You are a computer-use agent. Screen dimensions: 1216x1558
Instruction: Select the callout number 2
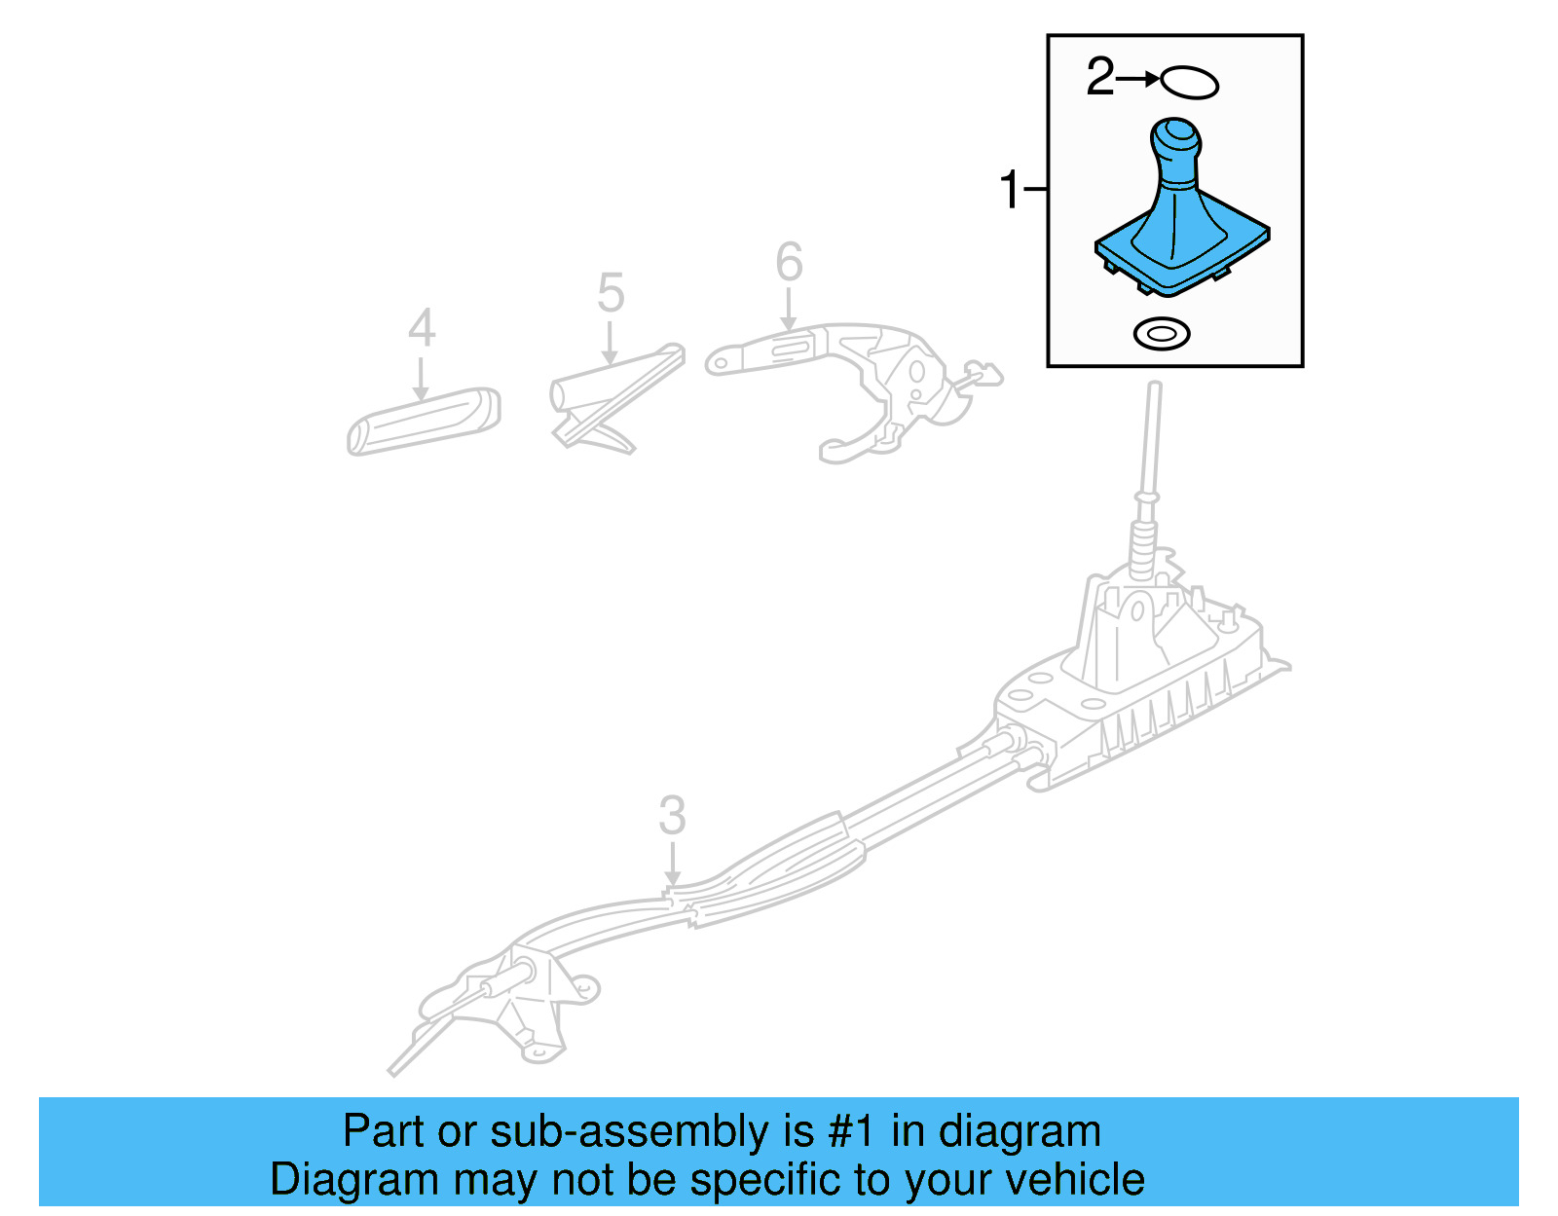click(x=1099, y=77)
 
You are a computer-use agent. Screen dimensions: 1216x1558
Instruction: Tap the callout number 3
click(x=672, y=816)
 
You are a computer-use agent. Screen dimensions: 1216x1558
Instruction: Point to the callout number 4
click(x=421, y=328)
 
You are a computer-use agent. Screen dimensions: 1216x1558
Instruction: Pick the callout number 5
click(x=611, y=293)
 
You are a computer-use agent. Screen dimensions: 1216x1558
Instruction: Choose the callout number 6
click(x=789, y=262)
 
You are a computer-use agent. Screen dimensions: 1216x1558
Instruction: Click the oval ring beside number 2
click(x=1189, y=82)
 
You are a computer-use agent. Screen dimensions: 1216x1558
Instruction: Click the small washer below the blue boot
click(x=1162, y=335)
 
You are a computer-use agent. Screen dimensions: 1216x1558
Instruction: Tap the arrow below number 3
click(x=672, y=866)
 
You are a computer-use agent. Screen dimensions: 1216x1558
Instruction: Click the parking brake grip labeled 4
click(x=424, y=422)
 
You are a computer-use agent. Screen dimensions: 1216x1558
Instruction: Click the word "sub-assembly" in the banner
click(x=629, y=1131)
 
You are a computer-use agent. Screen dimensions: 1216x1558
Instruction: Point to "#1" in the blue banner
click(x=853, y=1131)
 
